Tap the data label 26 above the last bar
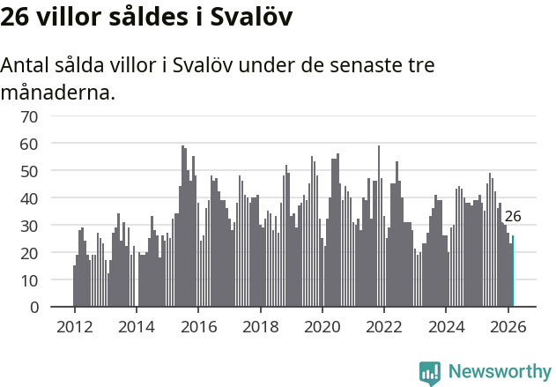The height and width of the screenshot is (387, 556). point(513,216)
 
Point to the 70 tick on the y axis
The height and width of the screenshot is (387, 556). point(29,115)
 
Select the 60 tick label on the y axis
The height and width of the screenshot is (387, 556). point(29,143)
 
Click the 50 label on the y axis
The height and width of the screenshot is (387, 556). point(29,170)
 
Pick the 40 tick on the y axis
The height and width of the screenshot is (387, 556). point(29,198)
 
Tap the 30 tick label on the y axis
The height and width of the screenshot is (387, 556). point(29,226)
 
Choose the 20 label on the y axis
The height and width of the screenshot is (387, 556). point(29,253)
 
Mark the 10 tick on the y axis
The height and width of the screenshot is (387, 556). point(29,280)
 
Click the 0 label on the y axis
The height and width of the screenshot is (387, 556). point(33,308)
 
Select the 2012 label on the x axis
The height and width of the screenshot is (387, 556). point(74,326)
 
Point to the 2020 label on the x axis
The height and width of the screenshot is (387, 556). point(322,326)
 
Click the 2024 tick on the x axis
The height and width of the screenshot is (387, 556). point(447,326)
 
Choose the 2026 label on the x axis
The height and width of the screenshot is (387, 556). point(508,326)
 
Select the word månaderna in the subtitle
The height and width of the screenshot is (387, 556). point(58,92)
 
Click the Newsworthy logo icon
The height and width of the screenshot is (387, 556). point(430,373)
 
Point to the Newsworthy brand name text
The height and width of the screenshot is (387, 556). point(499,372)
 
